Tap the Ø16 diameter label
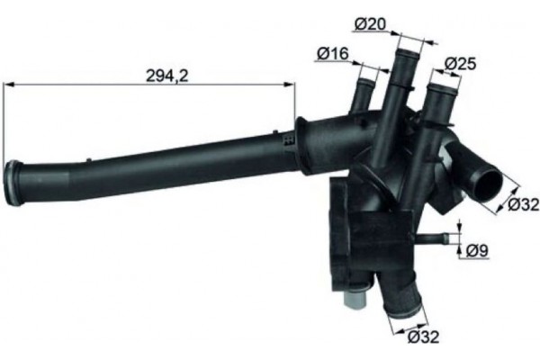tap(332, 55)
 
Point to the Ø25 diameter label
tap(461, 64)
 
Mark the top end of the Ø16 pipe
tap(365, 82)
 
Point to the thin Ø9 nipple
tap(433, 240)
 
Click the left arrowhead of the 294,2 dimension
tap(9, 85)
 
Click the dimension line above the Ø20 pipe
tap(409, 39)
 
